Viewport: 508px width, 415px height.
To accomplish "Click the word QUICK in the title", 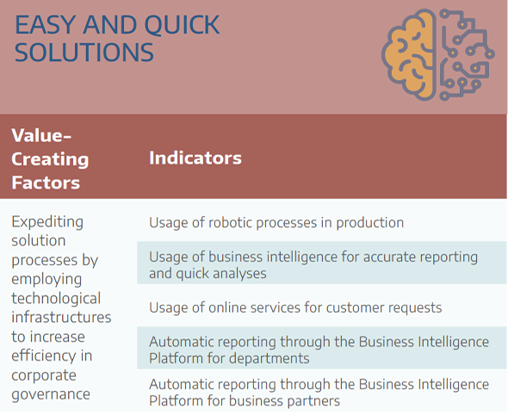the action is [x=182, y=25].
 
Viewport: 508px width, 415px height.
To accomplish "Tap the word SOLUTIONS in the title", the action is [x=84, y=53].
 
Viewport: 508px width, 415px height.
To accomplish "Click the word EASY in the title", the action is [x=45, y=25].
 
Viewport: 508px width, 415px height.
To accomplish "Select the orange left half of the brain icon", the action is [x=409, y=54].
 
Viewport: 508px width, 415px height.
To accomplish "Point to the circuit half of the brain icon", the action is [x=467, y=54].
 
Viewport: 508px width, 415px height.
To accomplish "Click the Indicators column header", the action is [x=195, y=158].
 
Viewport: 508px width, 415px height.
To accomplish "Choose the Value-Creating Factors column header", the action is [x=50, y=158].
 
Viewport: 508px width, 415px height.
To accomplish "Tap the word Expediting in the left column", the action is [x=47, y=222].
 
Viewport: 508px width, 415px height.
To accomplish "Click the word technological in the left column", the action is [x=56, y=299].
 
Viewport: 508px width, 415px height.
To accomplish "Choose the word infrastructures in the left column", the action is [x=61, y=317].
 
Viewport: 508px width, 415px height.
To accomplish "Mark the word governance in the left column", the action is [x=51, y=394].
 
